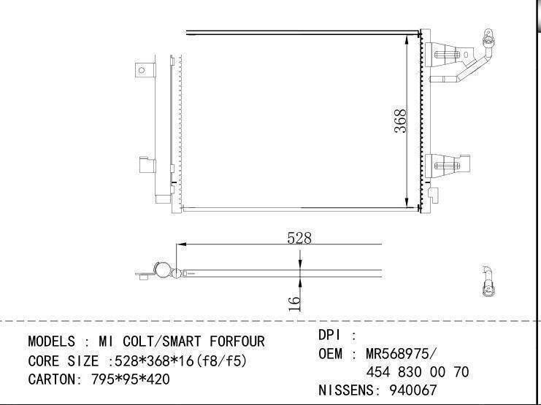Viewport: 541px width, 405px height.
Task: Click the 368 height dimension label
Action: click(400, 121)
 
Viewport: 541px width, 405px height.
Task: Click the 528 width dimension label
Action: click(299, 238)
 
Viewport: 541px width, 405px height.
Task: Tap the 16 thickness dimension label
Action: click(294, 304)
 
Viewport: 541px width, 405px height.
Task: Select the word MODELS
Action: click(51, 342)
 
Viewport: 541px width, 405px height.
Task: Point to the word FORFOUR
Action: click(237, 342)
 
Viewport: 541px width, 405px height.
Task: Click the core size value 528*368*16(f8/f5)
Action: click(181, 360)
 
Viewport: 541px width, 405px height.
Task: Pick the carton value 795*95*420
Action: click(131, 379)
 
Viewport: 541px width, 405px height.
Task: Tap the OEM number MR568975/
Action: click(402, 354)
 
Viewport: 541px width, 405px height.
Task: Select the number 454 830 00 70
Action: click(418, 372)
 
